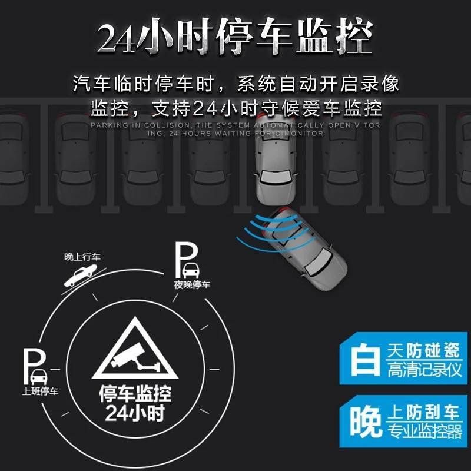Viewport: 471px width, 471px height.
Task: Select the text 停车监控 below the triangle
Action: (134, 393)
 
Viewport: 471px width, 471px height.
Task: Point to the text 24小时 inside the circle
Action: (134, 413)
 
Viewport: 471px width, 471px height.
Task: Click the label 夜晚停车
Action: (192, 286)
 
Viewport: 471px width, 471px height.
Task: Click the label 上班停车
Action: (40, 392)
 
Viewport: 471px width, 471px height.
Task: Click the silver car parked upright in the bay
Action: (276, 159)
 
